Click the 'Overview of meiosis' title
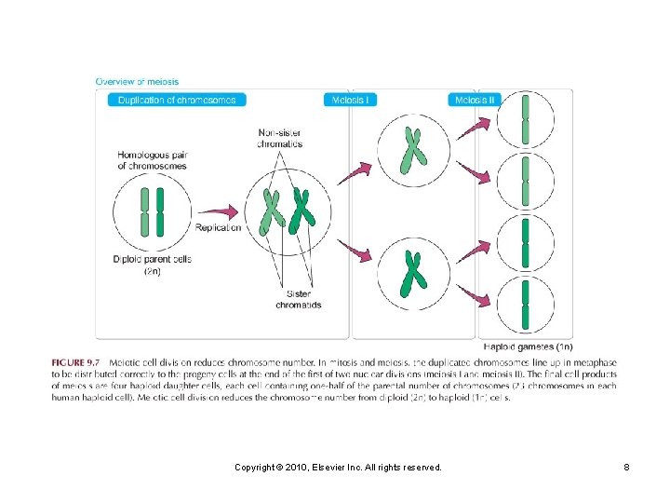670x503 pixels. tap(138, 82)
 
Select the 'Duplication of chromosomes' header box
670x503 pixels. tap(177, 100)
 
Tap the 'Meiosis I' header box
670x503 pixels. tap(350, 100)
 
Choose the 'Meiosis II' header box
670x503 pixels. tap(475, 100)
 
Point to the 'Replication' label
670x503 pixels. tap(219, 227)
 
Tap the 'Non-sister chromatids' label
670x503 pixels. tap(280, 139)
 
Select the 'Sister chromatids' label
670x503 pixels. tap(298, 299)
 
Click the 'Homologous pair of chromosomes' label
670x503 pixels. tap(152, 160)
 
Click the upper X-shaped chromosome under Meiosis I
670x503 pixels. tap(409, 151)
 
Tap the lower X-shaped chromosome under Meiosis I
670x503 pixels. tap(410, 274)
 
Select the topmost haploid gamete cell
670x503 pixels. tap(525, 121)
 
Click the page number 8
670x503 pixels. tap(626, 467)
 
